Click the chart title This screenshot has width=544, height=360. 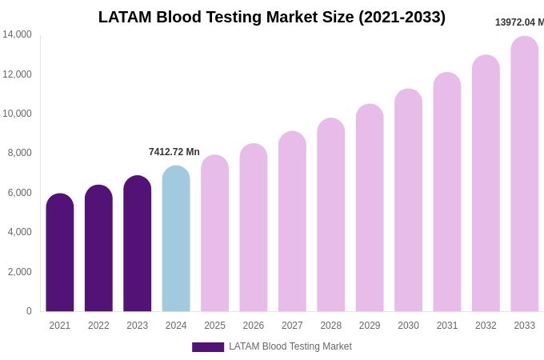point(272,17)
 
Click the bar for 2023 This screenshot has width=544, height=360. point(138,243)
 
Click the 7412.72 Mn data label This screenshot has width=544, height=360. point(174,152)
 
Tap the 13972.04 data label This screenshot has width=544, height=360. point(519,22)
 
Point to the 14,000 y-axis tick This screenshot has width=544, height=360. point(17,34)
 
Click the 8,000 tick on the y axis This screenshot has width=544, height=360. point(19,153)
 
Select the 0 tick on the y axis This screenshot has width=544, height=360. point(29,311)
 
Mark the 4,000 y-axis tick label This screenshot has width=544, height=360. point(19,232)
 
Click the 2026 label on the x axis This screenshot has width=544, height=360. point(254,326)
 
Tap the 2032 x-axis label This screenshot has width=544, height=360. point(486,326)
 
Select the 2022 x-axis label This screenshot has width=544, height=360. point(98,326)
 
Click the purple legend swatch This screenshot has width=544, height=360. point(208,347)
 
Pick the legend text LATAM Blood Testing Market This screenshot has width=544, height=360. point(290,346)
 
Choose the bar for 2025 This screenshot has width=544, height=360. point(214,233)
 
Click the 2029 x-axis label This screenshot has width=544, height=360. point(370,326)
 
